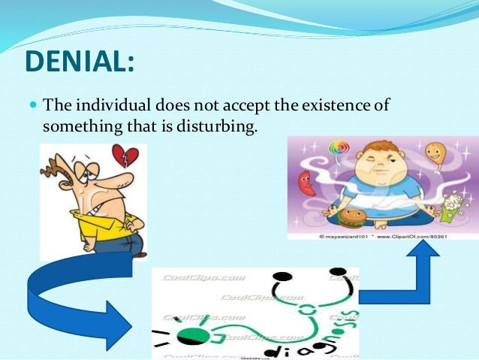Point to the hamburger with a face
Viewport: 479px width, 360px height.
[x=352, y=218]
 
